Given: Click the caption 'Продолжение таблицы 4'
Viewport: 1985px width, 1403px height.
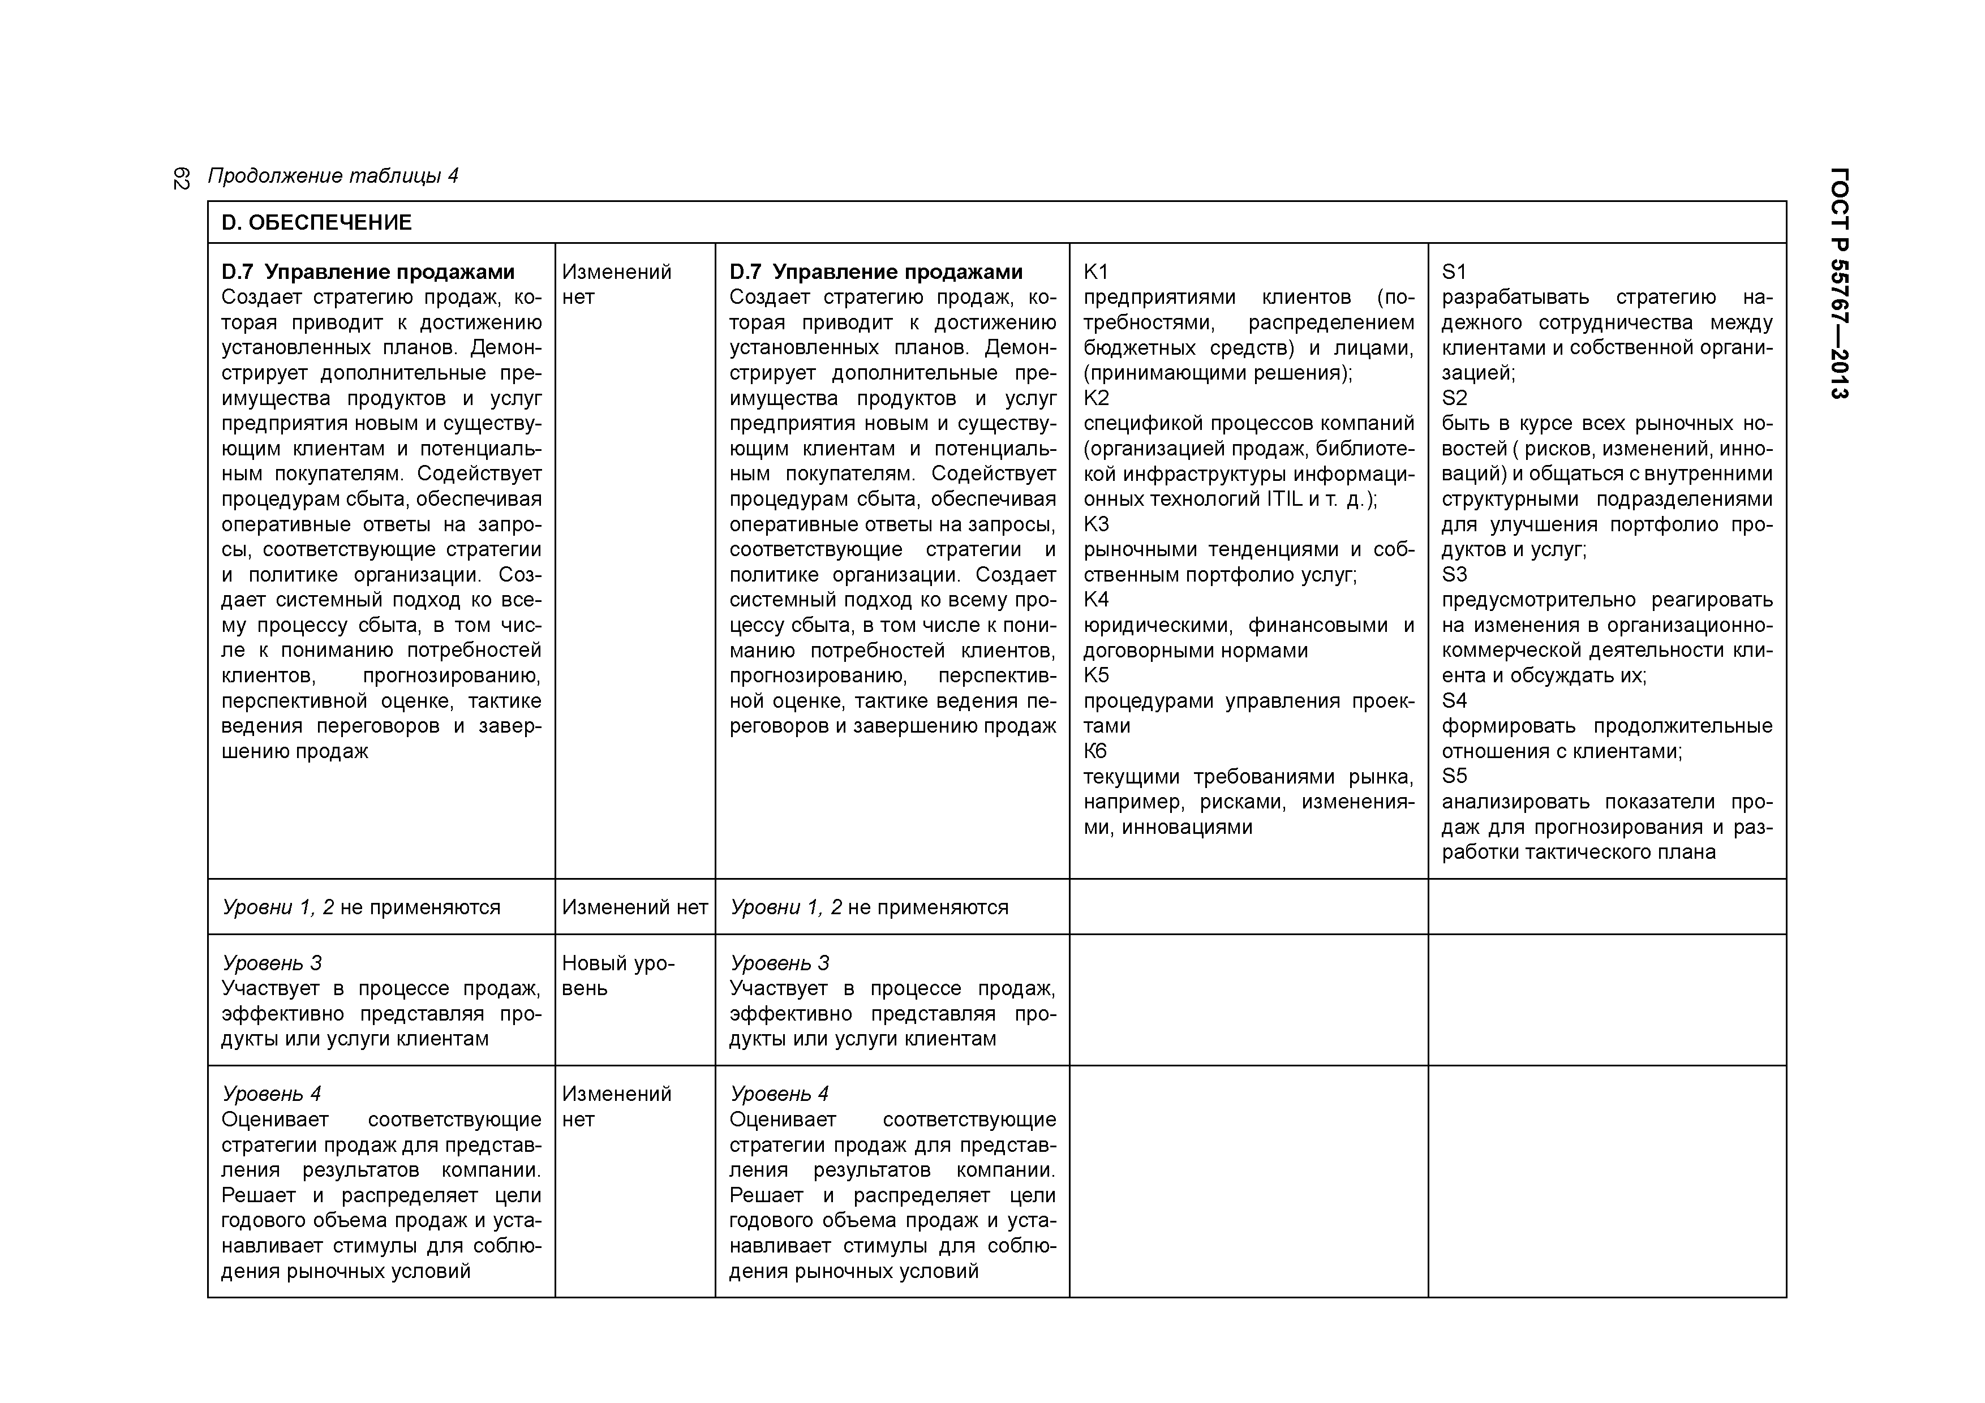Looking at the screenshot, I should point(333,177).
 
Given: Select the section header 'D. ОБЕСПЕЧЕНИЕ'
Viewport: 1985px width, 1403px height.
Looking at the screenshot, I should point(316,223).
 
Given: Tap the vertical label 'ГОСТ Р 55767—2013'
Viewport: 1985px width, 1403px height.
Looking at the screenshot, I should point(1840,283).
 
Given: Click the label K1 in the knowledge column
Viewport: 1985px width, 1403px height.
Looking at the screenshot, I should point(1095,272).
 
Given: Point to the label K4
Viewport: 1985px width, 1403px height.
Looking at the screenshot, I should point(1096,600).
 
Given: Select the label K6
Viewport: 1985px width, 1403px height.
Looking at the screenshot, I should point(1095,751).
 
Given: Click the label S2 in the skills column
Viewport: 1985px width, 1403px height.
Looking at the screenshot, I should point(1454,398).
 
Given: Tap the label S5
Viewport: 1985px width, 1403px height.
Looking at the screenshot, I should point(1454,776).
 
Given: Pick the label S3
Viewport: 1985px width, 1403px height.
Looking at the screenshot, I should point(1454,575).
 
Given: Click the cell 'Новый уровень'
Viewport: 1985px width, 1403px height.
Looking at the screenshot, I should point(618,976).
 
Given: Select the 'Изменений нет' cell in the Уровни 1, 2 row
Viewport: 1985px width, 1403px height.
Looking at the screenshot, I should point(634,907).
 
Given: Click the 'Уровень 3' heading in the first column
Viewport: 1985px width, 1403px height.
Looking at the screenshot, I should point(272,963).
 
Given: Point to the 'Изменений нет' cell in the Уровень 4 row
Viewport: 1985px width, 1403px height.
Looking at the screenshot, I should point(616,1107).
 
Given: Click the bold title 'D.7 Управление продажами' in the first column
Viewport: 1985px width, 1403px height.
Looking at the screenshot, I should point(367,272).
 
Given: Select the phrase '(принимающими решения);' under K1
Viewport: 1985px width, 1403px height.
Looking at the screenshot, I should point(1217,373).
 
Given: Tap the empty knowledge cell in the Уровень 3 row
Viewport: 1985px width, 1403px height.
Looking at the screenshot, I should point(1248,1000).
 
